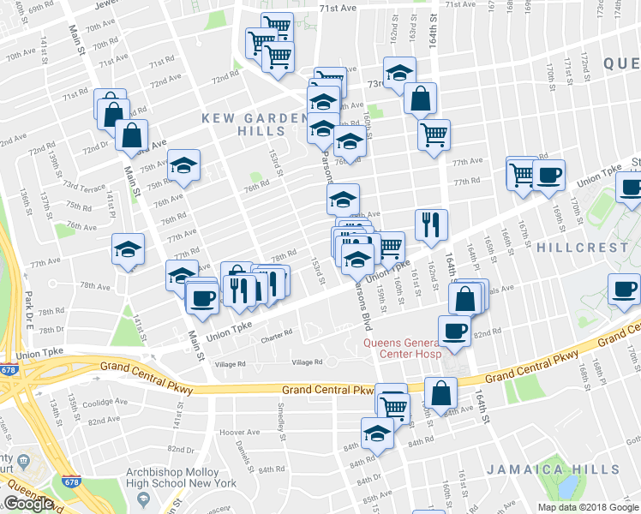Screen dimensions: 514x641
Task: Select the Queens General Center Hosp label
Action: point(402,348)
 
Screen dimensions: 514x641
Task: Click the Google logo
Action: point(28,504)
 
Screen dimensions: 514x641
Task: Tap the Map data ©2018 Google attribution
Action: point(588,507)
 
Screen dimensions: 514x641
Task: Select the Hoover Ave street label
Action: point(239,433)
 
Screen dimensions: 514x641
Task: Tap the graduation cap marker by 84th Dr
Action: point(376,433)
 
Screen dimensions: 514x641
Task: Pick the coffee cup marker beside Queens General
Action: point(453,331)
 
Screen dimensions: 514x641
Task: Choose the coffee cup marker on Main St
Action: point(202,297)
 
